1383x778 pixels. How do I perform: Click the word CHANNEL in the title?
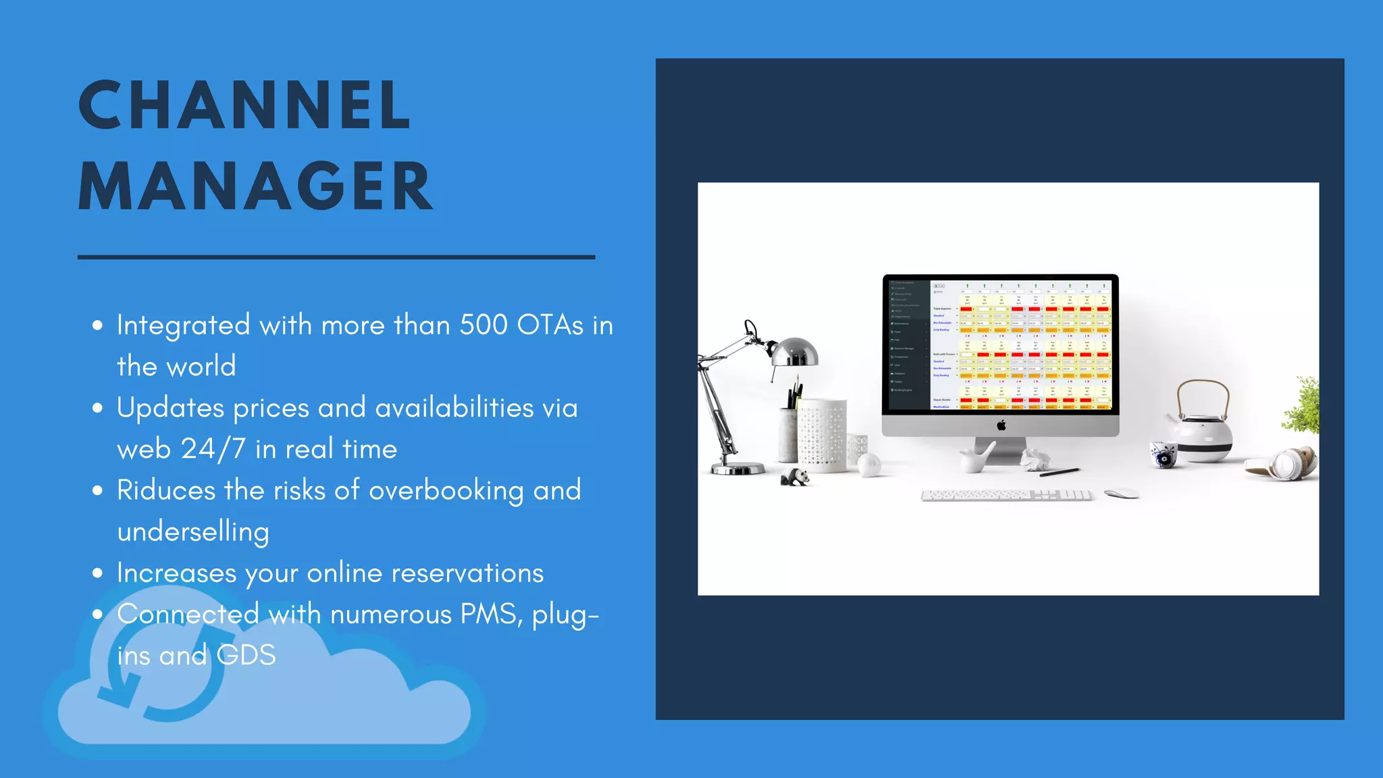point(244,105)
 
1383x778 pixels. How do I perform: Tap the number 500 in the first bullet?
point(484,325)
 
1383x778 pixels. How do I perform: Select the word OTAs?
point(550,325)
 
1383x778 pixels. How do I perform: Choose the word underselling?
point(193,532)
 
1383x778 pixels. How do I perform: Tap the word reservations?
point(467,573)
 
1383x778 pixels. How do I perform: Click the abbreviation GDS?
point(246,655)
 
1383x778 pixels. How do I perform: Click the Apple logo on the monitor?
point(1001,425)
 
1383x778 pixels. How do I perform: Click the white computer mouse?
point(1121,494)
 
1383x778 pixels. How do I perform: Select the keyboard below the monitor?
point(1006,496)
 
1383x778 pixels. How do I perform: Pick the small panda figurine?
point(795,477)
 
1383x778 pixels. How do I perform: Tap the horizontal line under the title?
point(336,257)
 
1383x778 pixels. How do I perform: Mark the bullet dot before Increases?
point(98,573)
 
